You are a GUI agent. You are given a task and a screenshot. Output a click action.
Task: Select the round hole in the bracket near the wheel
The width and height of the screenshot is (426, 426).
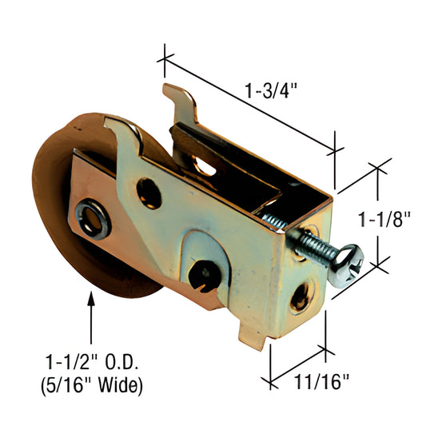click(149, 189)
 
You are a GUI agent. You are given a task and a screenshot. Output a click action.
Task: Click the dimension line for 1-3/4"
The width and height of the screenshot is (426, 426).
click(248, 102)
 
